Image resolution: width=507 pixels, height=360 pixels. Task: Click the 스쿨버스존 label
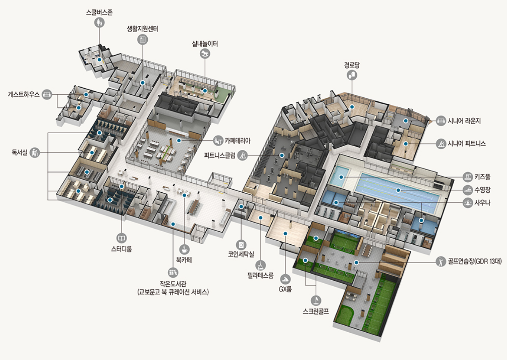pyautogui.click(x=99, y=12)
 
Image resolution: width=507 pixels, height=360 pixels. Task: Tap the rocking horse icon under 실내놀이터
pyautogui.click(x=205, y=54)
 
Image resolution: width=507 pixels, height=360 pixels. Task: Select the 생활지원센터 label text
pyautogui.click(x=142, y=29)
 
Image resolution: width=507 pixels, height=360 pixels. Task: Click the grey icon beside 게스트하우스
pyautogui.click(x=47, y=94)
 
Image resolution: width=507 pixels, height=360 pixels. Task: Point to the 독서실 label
pyautogui.click(x=19, y=152)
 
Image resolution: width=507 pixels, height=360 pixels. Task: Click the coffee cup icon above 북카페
pyautogui.click(x=184, y=249)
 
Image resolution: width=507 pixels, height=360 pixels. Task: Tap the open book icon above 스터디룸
pyautogui.click(x=122, y=238)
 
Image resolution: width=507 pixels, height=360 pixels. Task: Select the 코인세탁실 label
pyautogui.click(x=241, y=254)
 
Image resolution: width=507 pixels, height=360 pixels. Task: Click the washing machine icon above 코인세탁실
pyautogui.click(x=241, y=245)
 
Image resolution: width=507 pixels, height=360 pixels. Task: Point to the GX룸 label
pyautogui.click(x=285, y=289)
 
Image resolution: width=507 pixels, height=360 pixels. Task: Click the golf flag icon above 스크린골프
pyautogui.click(x=316, y=300)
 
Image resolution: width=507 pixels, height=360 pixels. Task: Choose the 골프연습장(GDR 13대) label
pyautogui.click(x=474, y=262)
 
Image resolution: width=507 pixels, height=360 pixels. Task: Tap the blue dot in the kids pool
pyautogui.click(x=341, y=177)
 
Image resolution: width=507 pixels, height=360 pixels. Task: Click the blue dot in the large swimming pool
pyautogui.click(x=398, y=190)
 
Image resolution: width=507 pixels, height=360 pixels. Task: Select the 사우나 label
pyautogui.click(x=482, y=202)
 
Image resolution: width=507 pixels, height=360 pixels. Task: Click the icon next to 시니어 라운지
pyautogui.click(x=441, y=121)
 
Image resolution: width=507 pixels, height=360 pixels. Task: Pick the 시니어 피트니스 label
pyautogui.click(x=467, y=143)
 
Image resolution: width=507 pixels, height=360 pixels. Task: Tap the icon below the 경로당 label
pyautogui.click(x=352, y=75)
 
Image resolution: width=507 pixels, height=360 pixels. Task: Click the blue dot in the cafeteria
pyautogui.click(x=179, y=141)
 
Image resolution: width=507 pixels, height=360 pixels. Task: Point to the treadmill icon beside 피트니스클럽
pyautogui.click(x=242, y=155)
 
